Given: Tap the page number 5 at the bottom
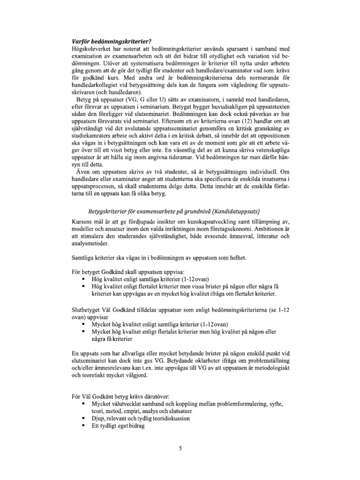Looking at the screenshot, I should pos(180,448).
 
